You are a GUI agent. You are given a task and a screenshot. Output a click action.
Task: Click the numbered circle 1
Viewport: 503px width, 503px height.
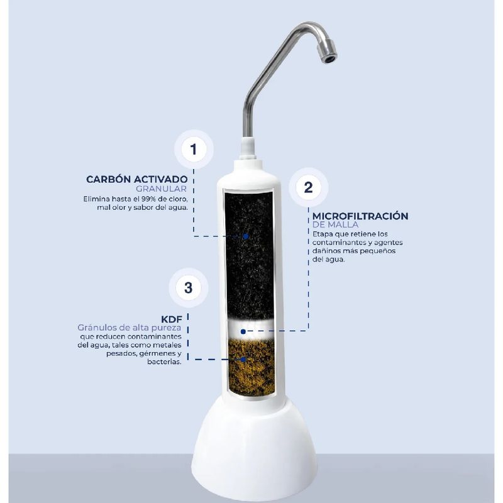click(x=194, y=149)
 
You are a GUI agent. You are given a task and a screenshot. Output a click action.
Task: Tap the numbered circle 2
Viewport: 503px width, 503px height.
click(x=308, y=187)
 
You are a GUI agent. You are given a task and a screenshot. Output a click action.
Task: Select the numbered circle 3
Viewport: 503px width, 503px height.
click(x=188, y=287)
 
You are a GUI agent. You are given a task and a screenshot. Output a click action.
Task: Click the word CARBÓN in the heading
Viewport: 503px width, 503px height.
click(x=108, y=179)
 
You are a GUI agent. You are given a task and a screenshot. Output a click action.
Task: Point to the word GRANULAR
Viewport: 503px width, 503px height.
click(x=161, y=189)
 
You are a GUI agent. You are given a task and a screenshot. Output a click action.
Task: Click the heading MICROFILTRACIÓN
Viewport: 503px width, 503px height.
click(x=360, y=216)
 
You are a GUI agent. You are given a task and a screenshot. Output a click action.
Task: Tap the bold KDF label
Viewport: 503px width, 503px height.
click(x=172, y=319)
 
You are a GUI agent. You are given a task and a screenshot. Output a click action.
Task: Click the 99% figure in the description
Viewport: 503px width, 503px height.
click(x=149, y=199)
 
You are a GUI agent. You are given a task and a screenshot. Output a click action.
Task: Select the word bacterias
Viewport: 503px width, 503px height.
click(x=165, y=362)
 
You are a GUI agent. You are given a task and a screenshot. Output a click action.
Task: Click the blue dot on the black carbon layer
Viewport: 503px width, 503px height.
click(x=246, y=236)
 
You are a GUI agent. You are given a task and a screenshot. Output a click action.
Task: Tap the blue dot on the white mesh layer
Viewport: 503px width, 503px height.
click(x=243, y=331)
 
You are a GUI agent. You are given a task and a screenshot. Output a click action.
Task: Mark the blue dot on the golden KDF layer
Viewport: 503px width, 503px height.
click(x=243, y=360)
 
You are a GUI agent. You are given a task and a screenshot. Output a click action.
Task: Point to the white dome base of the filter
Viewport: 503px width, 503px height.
click(x=254, y=449)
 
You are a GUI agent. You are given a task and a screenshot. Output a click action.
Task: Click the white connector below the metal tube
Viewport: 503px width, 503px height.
click(x=248, y=148)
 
